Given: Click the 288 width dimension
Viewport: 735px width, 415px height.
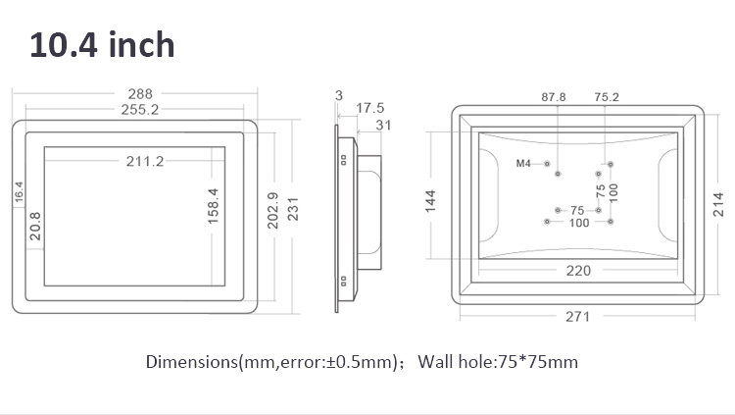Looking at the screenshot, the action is click(140, 94).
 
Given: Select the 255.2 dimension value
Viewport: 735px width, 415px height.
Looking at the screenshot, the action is click(140, 110).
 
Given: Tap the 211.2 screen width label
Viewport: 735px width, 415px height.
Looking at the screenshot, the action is click(145, 162).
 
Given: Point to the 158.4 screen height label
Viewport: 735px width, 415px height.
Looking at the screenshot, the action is click(213, 206).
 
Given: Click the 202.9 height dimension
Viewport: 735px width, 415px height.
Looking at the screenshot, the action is click(272, 210).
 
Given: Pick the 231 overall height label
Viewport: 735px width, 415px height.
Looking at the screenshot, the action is click(292, 209).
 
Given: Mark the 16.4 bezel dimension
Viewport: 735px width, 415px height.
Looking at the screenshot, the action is click(19, 192).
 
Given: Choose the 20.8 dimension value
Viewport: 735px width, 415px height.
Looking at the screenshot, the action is click(35, 226).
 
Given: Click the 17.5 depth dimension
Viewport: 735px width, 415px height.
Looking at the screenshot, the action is click(369, 108).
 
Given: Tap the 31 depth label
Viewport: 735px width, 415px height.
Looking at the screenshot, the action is click(383, 126).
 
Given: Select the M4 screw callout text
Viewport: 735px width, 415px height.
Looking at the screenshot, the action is click(523, 164).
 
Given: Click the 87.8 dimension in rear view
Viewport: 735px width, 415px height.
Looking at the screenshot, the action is click(554, 97).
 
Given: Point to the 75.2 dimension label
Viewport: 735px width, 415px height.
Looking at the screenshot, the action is click(607, 97).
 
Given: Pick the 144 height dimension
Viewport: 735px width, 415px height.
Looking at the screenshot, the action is click(430, 201).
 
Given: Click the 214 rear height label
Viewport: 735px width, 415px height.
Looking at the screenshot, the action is click(718, 204).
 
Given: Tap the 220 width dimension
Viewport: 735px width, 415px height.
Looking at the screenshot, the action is click(578, 271).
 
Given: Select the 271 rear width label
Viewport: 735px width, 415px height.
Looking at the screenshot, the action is click(577, 317).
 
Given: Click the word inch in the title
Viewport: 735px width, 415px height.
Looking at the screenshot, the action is click(141, 45).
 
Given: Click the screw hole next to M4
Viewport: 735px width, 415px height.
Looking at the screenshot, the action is click(547, 164).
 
